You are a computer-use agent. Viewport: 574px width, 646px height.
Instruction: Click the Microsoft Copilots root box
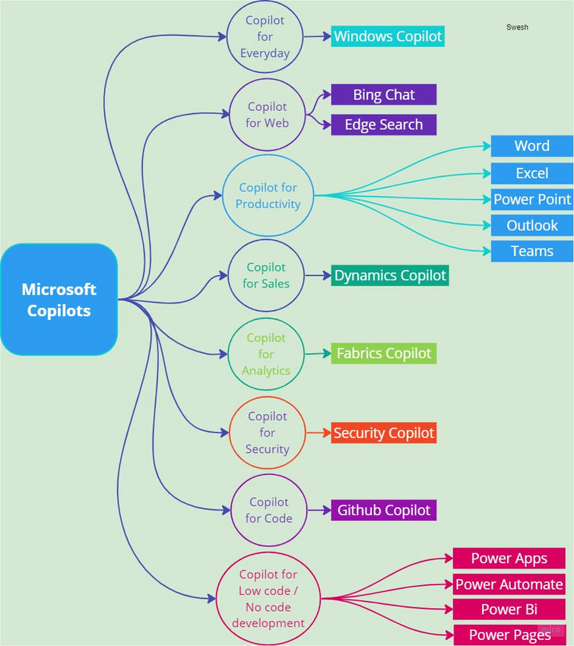(59, 299)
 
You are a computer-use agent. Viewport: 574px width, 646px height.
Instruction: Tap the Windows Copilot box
(388, 36)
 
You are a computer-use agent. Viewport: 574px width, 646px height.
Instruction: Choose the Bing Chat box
(384, 95)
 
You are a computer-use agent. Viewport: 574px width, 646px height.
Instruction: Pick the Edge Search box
(384, 125)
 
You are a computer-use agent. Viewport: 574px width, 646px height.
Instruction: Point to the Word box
(532, 146)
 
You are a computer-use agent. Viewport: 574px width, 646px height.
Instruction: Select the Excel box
(532, 173)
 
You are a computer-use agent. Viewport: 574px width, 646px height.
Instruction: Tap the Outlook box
(532, 226)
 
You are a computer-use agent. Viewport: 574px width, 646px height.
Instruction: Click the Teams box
(532, 251)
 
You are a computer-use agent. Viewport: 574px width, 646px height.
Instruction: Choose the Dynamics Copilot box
(390, 275)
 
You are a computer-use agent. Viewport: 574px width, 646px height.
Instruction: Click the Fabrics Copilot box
(384, 353)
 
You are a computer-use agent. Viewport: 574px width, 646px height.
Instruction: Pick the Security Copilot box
(384, 432)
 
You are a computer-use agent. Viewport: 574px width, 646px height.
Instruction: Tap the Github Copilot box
(384, 510)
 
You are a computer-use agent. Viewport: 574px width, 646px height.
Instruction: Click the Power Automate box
(509, 584)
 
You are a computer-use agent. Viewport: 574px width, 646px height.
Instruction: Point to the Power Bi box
(509, 610)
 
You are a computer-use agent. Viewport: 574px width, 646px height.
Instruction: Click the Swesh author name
(517, 27)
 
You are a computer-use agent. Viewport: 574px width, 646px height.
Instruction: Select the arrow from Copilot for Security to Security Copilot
(319, 432)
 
